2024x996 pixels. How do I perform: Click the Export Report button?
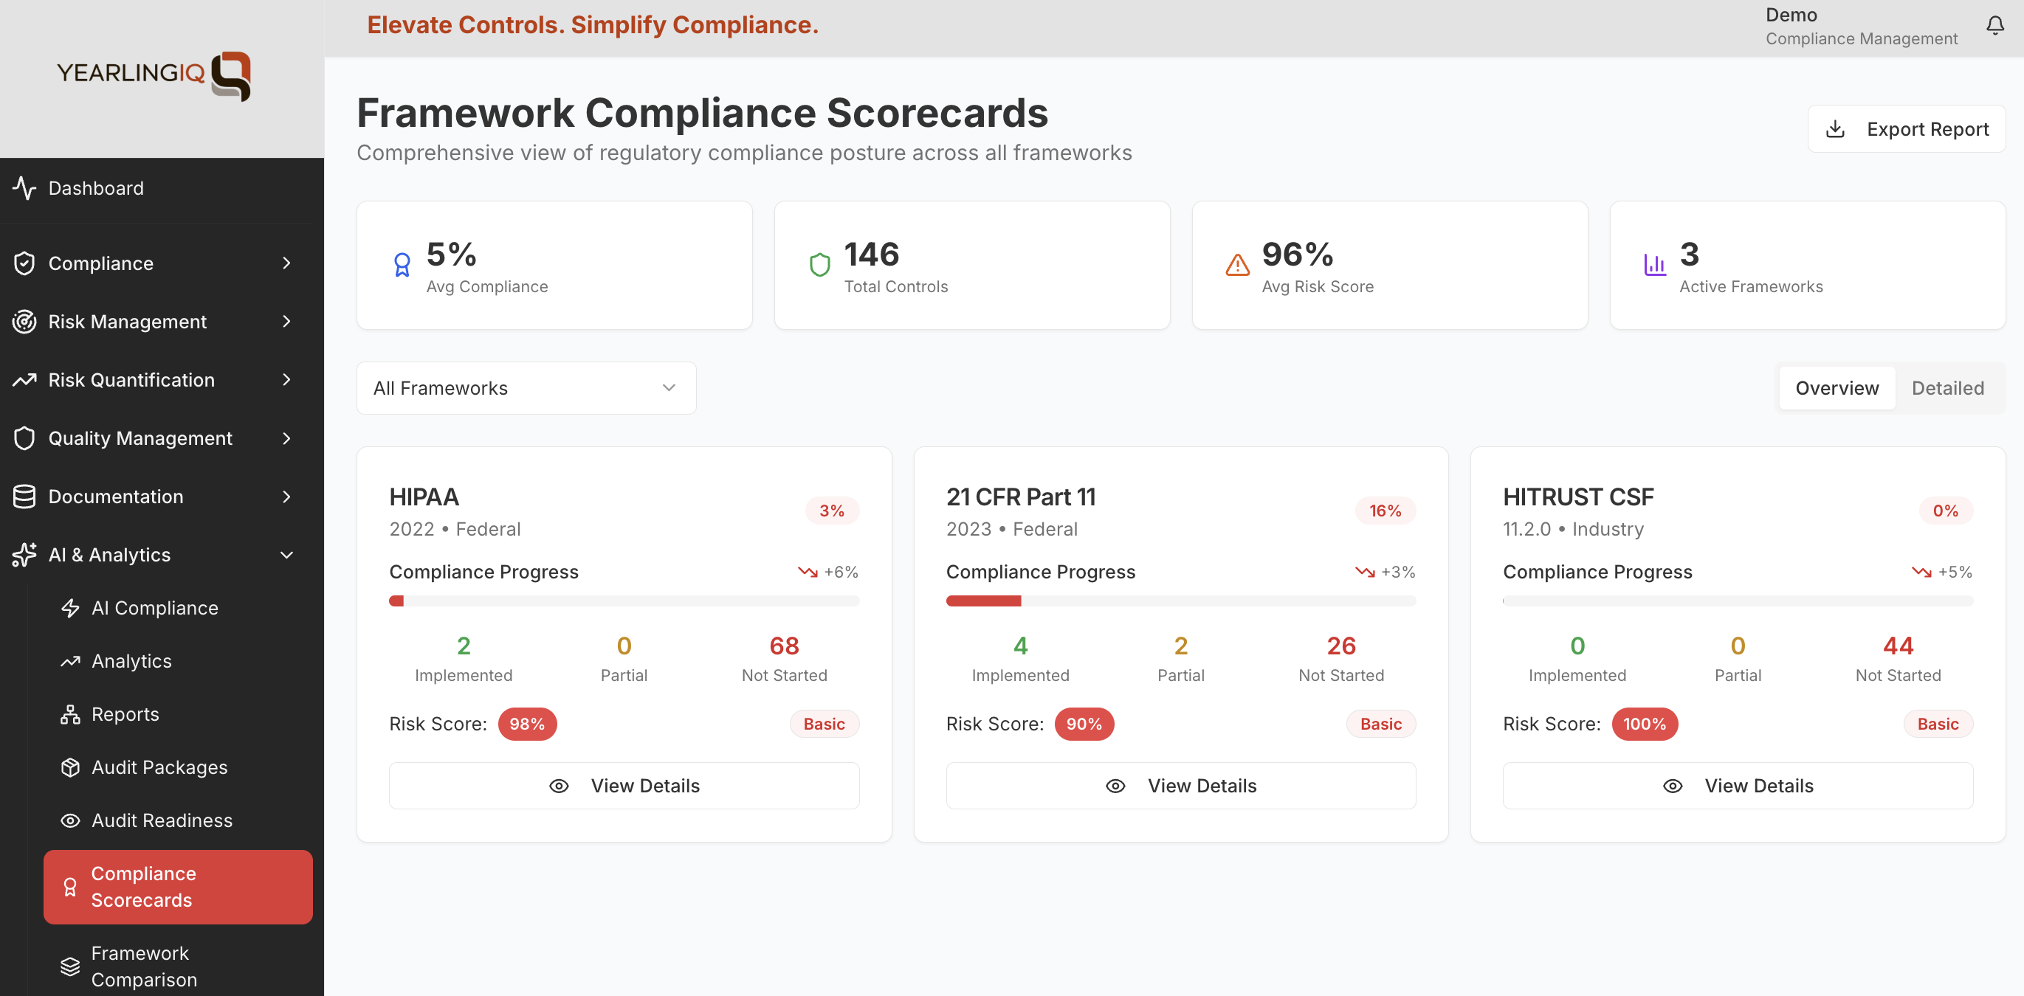point(1906,129)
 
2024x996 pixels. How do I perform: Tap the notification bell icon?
point(1995,26)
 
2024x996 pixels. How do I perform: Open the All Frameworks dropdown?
point(526,388)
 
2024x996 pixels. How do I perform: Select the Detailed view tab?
point(1947,388)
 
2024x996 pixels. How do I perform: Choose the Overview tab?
point(1837,388)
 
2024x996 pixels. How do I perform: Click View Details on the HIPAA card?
point(624,786)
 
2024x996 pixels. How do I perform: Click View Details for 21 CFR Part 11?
point(1180,786)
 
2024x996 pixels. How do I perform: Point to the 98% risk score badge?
point(526,724)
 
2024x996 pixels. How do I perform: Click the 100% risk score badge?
point(1644,724)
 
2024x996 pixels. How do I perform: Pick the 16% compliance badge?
point(1385,511)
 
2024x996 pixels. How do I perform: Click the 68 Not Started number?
point(783,646)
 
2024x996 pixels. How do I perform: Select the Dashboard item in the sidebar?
point(96,189)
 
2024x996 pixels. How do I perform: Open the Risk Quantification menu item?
point(131,380)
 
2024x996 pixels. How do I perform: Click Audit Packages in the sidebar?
point(159,767)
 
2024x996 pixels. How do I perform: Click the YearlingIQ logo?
point(154,75)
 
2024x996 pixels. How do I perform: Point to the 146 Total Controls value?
point(871,255)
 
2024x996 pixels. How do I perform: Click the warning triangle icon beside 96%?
point(1236,265)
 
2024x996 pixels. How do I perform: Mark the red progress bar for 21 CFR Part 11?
point(983,601)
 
